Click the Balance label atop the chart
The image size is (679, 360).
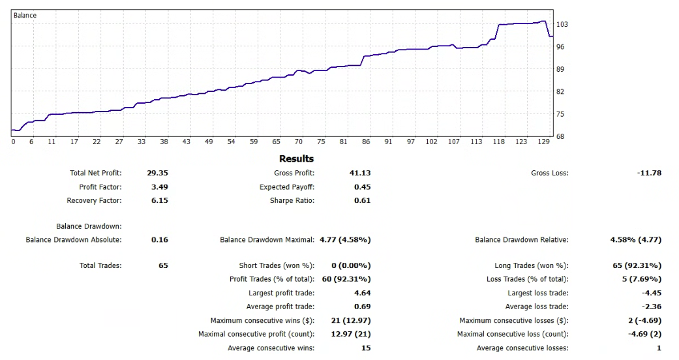25,15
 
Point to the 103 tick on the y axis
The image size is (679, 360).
561,25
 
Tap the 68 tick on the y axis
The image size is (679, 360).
560,136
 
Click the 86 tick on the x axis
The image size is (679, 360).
366,142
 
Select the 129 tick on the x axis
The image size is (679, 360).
543,142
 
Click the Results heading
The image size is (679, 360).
296,158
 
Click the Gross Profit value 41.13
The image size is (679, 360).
360,173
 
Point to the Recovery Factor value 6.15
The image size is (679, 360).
159,201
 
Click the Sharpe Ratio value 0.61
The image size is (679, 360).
362,201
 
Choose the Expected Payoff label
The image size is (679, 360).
287,187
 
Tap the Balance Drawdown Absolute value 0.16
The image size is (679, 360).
159,240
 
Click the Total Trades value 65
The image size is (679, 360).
163,266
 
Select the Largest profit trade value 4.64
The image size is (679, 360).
362,293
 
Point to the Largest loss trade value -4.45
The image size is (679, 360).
651,293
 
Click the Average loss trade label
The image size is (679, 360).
537,307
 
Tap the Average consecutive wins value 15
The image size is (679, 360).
365,348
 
